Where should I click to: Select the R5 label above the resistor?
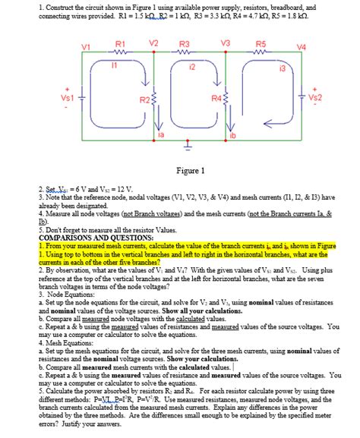coord(260,45)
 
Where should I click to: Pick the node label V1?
coord(85,48)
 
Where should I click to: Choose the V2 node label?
coord(154,43)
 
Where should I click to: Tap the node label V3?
coord(226,43)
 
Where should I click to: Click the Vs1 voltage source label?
coord(67,98)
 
